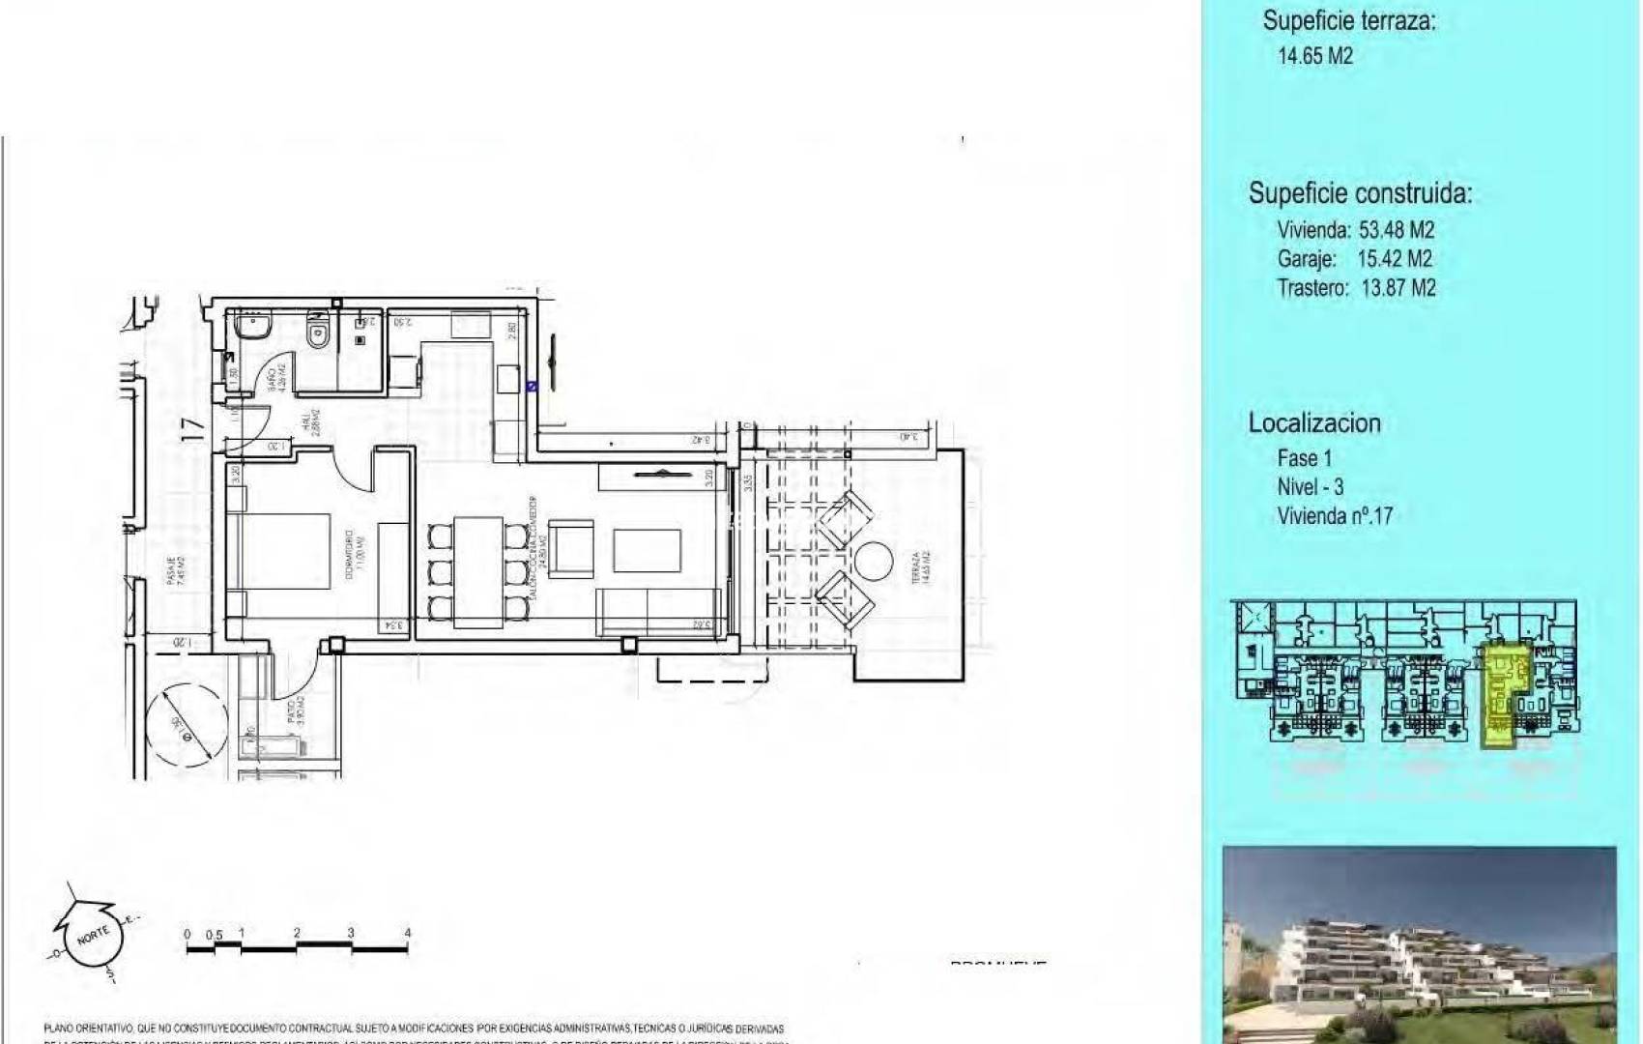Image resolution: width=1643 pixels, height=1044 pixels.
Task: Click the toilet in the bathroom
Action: pyautogui.click(x=316, y=333)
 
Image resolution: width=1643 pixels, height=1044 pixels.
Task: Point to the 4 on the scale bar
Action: pyautogui.click(x=408, y=933)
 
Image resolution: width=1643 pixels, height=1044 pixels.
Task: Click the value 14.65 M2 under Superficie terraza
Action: pyautogui.click(x=1314, y=55)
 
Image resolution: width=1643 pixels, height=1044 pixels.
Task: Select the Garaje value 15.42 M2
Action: pyautogui.click(x=1394, y=258)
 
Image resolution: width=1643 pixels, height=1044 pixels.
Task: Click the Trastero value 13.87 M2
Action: pyautogui.click(x=1397, y=287)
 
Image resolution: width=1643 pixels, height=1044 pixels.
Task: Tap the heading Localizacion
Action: pyautogui.click(x=1313, y=422)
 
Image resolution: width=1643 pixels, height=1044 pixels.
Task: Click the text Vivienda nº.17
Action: pyautogui.click(x=1334, y=515)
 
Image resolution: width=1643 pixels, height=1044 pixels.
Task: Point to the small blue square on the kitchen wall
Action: pyautogui.click(x=531, y=386)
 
